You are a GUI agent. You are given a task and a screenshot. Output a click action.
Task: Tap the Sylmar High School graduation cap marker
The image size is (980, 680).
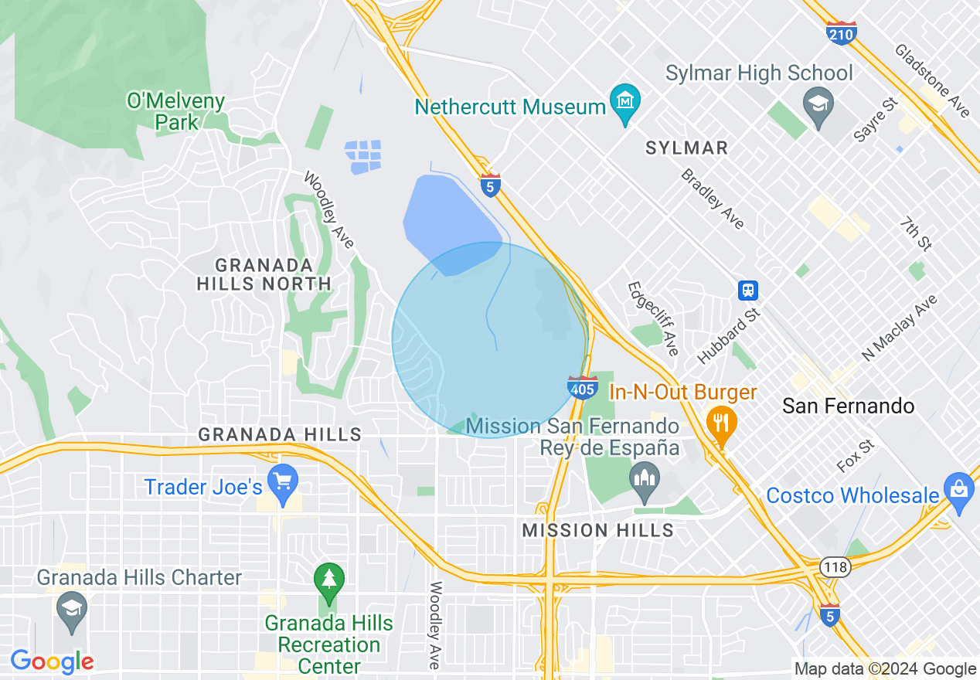pyautogui.click(x=816, y=103)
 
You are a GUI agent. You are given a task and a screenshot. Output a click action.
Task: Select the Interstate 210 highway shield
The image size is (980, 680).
pyautogui.click(x=841, y=33)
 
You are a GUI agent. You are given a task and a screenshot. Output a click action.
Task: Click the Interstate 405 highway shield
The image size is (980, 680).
pyautogui.click(x=582, y=387)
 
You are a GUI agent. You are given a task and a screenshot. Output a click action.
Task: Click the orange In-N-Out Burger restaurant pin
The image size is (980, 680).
pyautogui.click(x=720, y=423)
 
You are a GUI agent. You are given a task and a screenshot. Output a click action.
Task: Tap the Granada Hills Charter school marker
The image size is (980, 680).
pyautogui.click(x=72, y=609)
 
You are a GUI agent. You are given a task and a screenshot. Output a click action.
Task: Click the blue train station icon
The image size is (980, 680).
pyautogui.click(x=747, y=291)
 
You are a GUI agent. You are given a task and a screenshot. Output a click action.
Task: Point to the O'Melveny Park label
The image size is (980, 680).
pyautogui.click(x=176, y=111)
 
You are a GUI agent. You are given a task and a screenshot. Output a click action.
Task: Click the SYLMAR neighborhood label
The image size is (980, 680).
pyautogui.click(x=686, y=148)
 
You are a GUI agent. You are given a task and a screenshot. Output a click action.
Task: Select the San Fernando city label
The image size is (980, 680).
pyautogui.click(x=848, y=406)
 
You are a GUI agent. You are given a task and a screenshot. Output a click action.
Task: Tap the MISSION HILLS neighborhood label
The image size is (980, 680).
pyautogui.click(x=597, y=530)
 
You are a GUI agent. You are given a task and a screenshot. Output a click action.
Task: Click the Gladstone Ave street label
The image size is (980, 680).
pyautogui.click(x=931, y=80)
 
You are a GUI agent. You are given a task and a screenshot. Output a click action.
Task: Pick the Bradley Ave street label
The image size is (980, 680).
pyautogui.click(x=713, y=199)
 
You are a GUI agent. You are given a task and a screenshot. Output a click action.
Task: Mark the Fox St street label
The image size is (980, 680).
pyautogui.click(x=856, y=457)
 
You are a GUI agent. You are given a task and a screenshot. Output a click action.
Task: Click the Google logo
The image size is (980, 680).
pyautogui.click(x=52, y=661)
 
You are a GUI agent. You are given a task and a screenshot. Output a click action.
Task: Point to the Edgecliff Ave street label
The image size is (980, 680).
pyautogui.click(x=652, y=318)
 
